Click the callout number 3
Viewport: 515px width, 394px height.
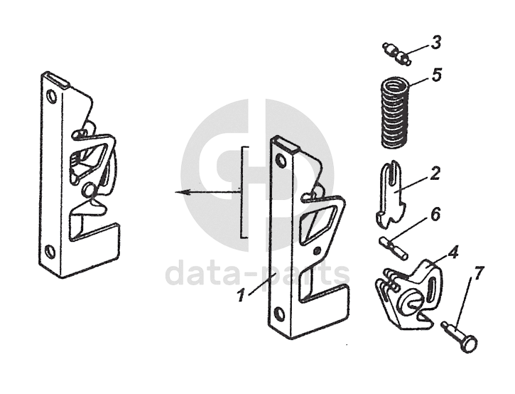click(435, 41)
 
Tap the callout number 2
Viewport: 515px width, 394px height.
click(434, 173)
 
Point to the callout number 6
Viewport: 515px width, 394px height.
click(435, 213)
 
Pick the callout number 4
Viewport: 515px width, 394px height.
click(452, 251)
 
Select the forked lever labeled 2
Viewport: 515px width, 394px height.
click(390, 192)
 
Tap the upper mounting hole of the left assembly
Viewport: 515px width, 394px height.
click(50, 97)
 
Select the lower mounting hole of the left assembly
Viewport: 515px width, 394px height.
click(49, 250)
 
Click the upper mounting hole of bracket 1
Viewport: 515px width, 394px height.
click(281, 161)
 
